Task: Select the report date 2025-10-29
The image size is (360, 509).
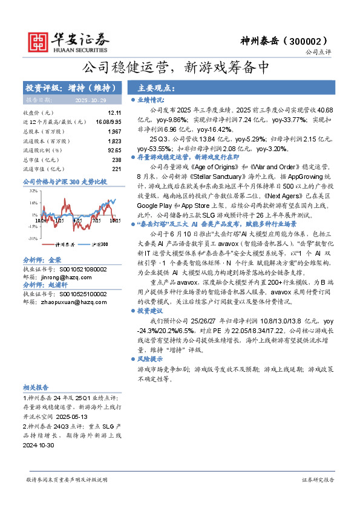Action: point(90,100)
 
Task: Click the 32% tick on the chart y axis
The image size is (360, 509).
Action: point(33,190)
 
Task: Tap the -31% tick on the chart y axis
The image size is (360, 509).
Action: point(33,239)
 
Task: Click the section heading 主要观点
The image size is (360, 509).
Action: point(155,88)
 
